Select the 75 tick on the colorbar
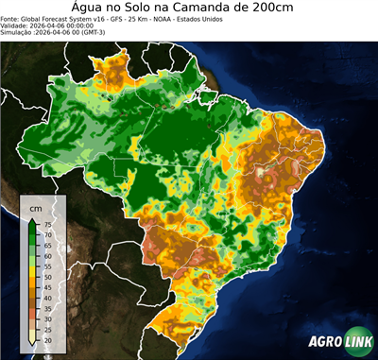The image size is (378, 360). [47, 225]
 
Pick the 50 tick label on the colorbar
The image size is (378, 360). [47, 277]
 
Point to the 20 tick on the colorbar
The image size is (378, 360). [47, 339]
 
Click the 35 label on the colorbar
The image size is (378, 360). [47, 308]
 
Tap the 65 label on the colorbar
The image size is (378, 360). [47, 246]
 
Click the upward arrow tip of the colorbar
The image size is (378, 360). [34, 218]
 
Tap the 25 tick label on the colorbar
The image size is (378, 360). [47, 329]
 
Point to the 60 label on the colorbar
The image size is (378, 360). [47, 256]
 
